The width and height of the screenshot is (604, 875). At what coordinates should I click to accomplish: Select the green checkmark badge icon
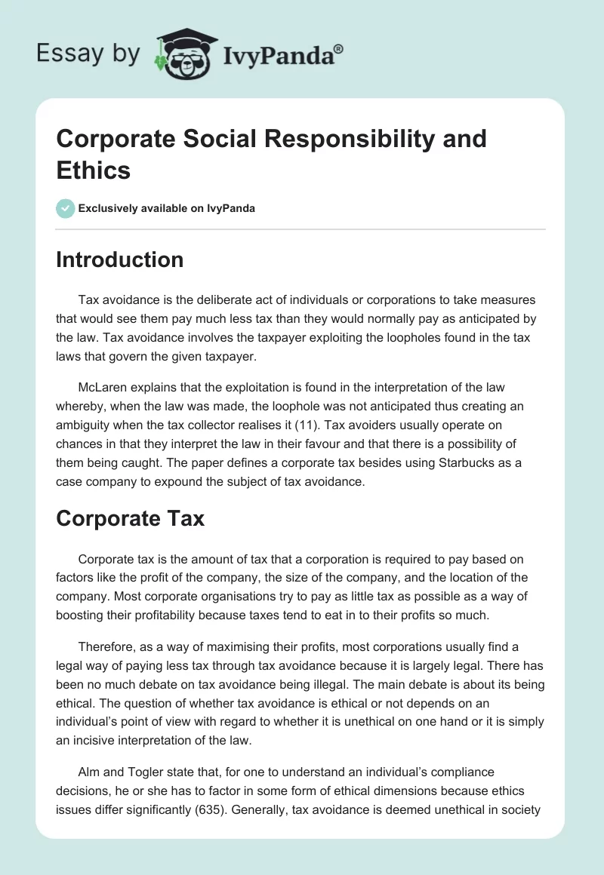65,208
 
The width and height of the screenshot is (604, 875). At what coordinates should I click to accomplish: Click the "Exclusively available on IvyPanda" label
167,208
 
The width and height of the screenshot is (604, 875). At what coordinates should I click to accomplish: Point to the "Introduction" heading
120,259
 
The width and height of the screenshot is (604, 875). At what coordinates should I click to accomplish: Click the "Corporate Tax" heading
131,519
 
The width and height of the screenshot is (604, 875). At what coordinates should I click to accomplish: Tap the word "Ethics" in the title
94,170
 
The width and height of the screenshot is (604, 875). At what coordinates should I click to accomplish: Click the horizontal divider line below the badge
300,229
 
